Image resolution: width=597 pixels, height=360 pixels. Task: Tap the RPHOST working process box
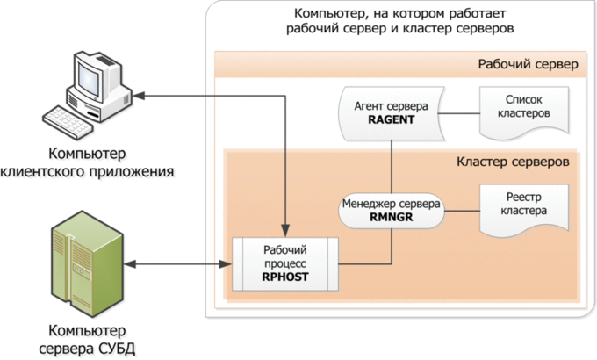(286, 263)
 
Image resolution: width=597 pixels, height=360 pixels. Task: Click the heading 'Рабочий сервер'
(528, 64)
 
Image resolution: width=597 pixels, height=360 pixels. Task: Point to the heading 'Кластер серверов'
(514, 162)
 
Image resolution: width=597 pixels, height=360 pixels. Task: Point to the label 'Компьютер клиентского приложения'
(85, 157)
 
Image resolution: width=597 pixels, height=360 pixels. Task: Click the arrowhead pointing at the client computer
(144, 95)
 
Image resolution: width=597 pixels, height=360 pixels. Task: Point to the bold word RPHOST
(286, 277)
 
